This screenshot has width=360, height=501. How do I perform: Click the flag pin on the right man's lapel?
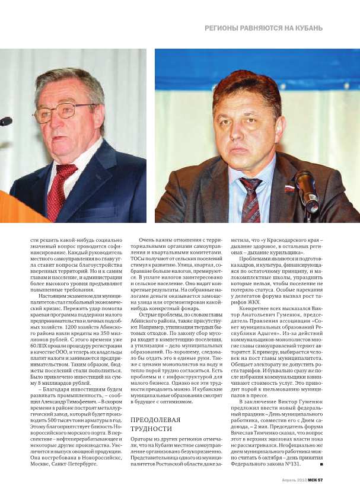click(289, 188)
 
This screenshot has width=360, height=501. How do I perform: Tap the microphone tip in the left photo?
click(5, 121)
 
